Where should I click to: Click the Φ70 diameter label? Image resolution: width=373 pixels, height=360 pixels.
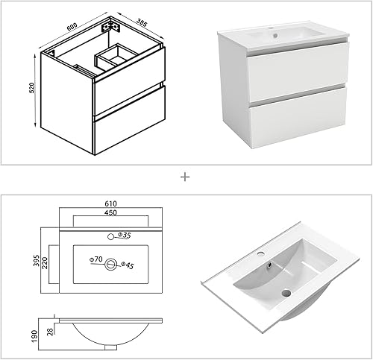(x=95, y=259)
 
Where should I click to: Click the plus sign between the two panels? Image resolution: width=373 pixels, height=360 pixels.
(x=185, y=177)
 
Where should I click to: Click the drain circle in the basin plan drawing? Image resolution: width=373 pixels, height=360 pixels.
(x=111, y=262)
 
